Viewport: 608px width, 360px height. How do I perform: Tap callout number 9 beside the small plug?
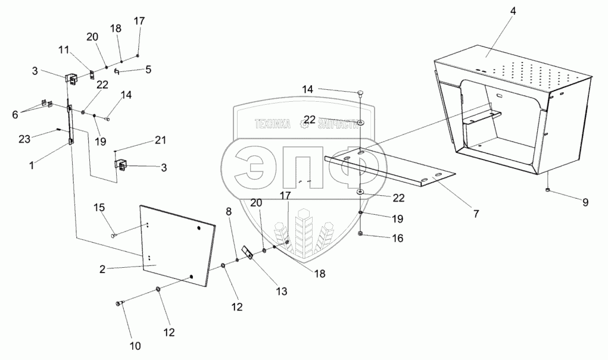click(x=585, y=202)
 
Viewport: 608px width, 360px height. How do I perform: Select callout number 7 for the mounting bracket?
click(x=476, y=212)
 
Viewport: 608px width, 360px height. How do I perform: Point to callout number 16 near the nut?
click(x=397, y=238)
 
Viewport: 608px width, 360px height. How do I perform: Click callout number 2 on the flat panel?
click(x=102, y=270)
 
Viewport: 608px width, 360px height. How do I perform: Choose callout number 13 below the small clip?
click(x=281, y=292)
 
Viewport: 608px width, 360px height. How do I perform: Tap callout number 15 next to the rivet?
click(x=99, y=207)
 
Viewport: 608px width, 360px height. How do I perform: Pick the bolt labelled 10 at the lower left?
click(x=119, y=304)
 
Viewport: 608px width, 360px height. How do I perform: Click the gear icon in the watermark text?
click(x=307, y=122)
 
